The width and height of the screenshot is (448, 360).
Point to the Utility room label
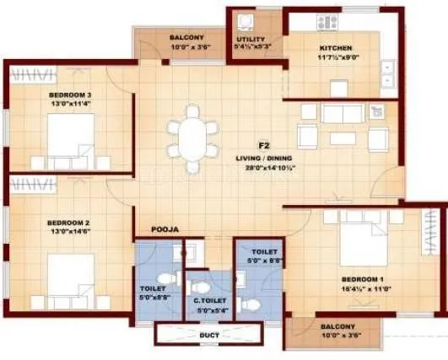tap(251, 40)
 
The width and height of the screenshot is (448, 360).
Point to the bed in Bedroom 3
tap(71, 138)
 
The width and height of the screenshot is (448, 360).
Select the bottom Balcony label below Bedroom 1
tap(337, 325)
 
